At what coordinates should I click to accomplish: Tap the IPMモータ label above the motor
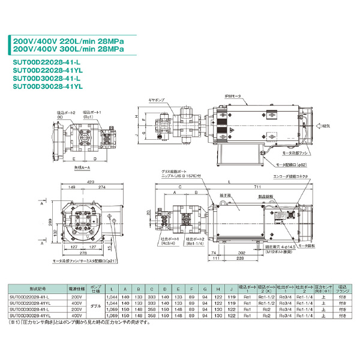[233, 96]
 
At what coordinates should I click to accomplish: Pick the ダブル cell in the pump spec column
[86, 305]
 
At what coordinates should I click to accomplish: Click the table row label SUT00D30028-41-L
[30, 310]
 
